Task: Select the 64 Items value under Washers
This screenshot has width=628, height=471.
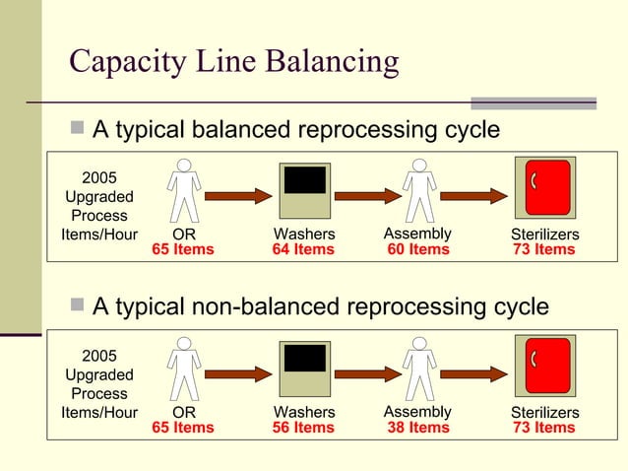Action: (303, 250)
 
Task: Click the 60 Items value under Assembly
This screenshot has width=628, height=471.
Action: (418, 250)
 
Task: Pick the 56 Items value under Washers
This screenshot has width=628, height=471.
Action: (303, 428)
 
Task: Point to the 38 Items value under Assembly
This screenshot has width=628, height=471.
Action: (418, 428)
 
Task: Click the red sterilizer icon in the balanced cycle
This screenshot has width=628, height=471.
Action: (546, 187)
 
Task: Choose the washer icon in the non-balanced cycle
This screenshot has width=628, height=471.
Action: (304, 369)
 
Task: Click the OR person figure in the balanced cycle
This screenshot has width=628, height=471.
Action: (183, 190)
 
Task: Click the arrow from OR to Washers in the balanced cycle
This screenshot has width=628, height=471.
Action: (237, 195)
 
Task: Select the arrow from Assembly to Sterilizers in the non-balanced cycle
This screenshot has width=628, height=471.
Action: (473, 373)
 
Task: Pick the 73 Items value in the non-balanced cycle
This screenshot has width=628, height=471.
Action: (544, 428)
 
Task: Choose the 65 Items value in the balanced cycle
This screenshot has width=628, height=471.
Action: (183, 250)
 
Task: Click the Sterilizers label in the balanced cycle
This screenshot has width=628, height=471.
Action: (544, 235)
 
